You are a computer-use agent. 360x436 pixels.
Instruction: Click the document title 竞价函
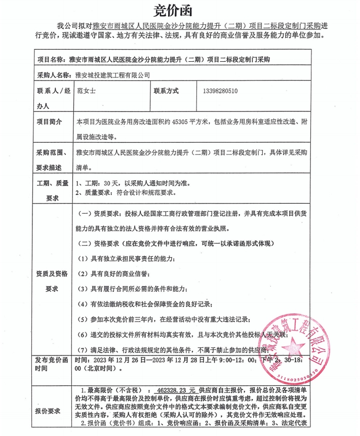point(179,9)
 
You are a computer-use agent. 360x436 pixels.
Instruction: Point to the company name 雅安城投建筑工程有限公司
point(112,75)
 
